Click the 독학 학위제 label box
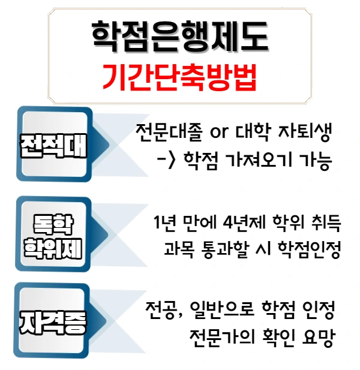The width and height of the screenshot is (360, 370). [x=53, y=237]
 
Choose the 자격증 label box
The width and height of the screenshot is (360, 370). [x=53, y=324]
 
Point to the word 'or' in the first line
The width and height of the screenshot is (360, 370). [x=220, y=133]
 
